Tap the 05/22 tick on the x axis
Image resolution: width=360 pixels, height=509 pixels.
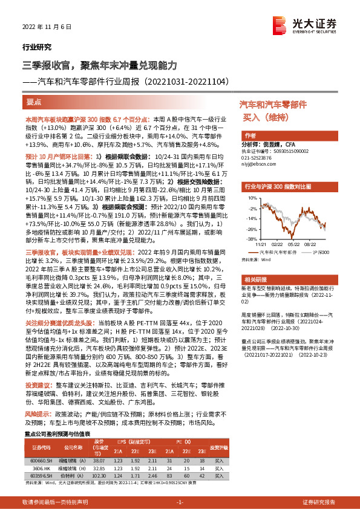[296, 245]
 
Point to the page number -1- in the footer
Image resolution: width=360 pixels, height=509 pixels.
[180, 502]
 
